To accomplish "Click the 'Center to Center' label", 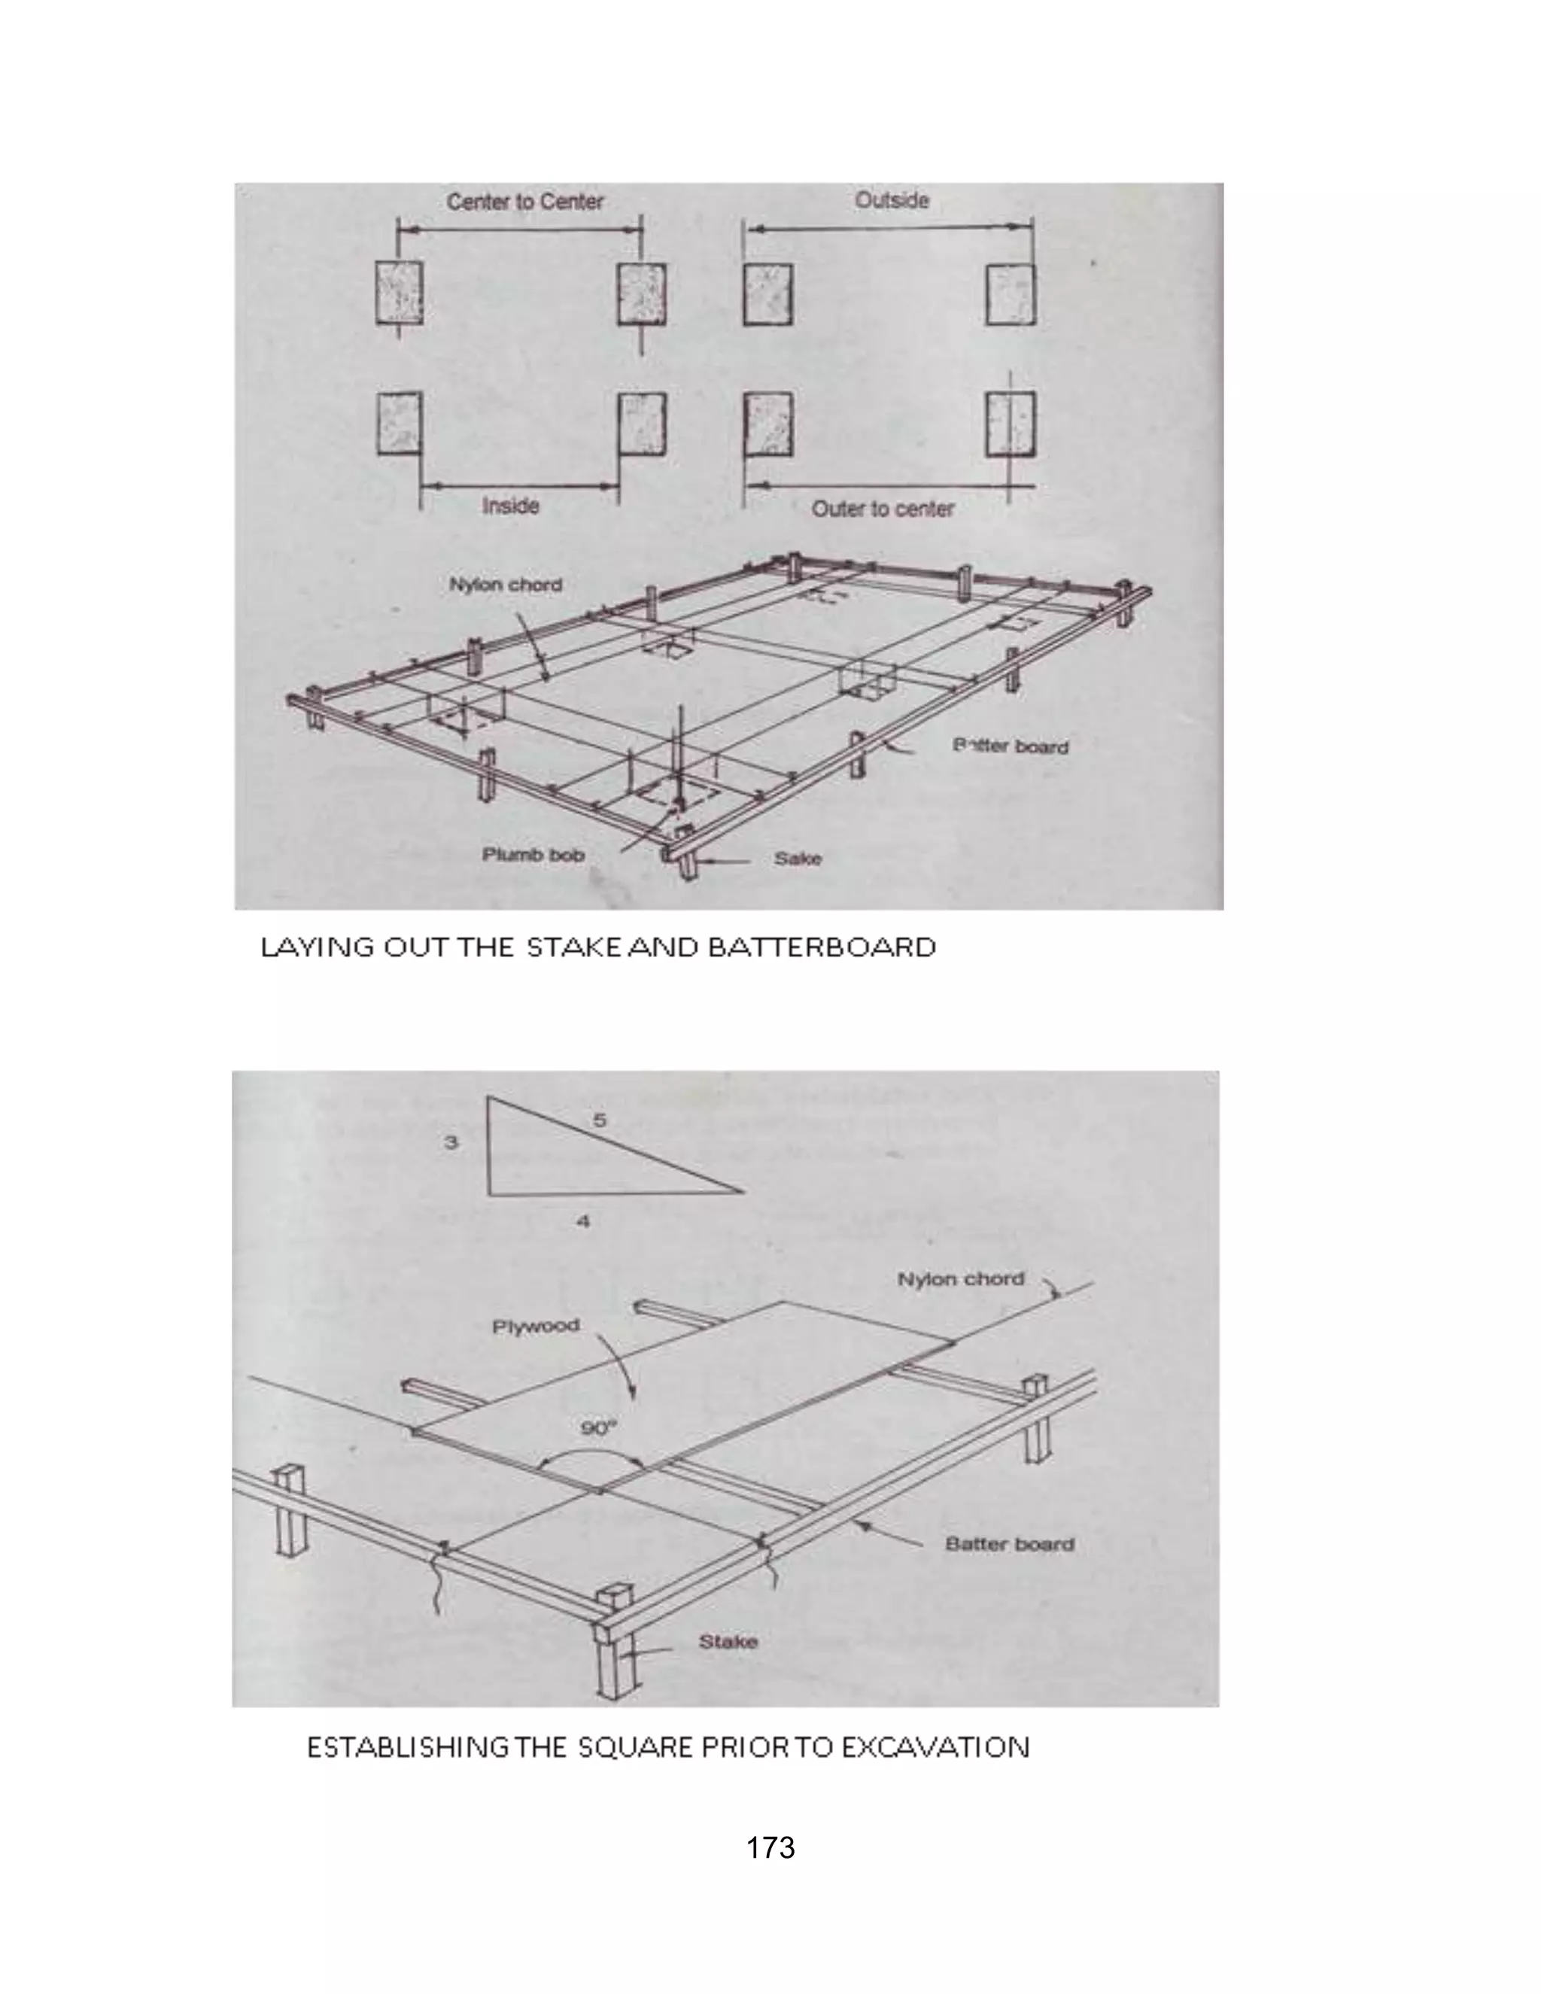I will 525,201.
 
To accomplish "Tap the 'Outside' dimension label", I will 892,200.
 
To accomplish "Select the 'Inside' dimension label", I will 510,505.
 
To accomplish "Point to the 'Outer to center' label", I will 883,509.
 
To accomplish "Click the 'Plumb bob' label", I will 533,855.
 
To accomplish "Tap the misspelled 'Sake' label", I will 798,859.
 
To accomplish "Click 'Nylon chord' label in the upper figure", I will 505,585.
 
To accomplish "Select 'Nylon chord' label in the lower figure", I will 960,1279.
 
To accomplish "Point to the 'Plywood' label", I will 536,1326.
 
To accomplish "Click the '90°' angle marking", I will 599,1429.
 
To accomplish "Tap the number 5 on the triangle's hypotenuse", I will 600,1120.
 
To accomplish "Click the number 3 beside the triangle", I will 451,1142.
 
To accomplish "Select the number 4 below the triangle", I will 583,1220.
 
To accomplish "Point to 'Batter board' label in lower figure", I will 1010,1544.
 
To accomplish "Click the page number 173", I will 770,1848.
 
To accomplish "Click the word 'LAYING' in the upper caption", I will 317,947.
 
